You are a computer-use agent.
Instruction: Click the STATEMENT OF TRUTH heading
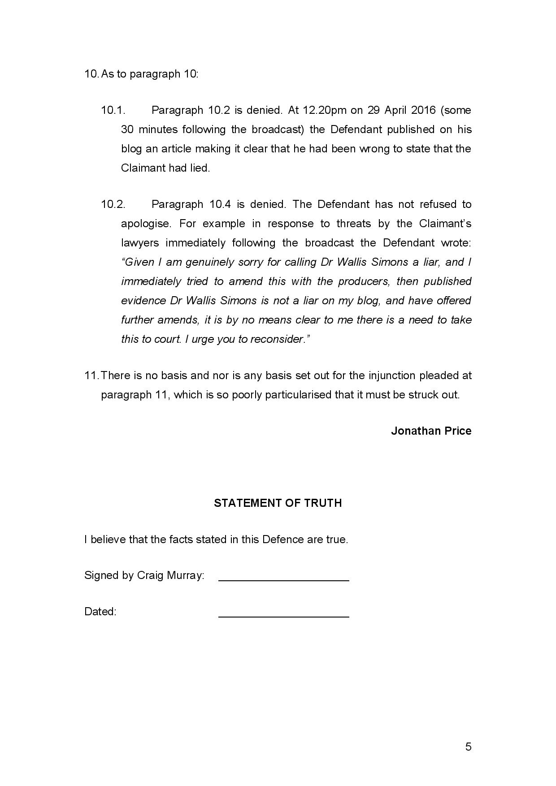[278, 503]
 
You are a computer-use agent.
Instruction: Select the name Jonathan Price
[431, 431]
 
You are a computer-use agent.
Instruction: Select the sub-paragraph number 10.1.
[113, 110]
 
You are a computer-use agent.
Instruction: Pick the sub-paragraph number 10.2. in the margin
[113, 204]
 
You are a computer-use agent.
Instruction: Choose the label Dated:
[100, 611]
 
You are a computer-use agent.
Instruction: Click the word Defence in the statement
[283, 539]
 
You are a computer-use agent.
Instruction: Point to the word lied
[200, 168]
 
